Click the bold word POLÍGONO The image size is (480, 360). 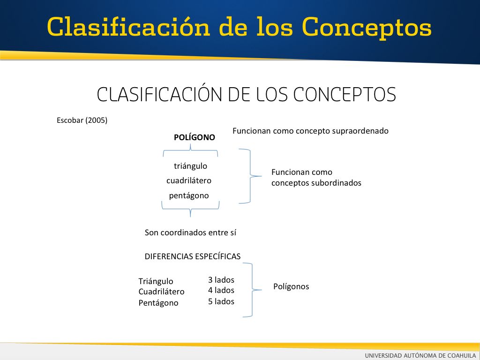[195, 137]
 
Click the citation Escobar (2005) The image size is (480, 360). [82, 120]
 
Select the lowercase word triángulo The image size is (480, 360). [190, 166]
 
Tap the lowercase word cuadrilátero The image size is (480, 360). [189, 180]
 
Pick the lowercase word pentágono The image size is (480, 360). [189, 195]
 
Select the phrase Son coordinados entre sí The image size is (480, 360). [190, 232]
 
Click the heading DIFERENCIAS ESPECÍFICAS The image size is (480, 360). [193, 256]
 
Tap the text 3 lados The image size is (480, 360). [221, 280]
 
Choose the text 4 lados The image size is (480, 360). [221, 290]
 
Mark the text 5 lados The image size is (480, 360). [221, 301]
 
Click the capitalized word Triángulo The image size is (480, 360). [156, 281]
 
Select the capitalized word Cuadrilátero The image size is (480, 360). [161, 292]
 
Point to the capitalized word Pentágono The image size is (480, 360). [158, 303]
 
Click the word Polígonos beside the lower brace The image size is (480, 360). [291, 287]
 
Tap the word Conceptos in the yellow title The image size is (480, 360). [367, 28]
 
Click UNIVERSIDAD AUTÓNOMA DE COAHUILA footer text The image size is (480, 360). [420, 355]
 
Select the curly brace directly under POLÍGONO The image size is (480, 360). [190, 150]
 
